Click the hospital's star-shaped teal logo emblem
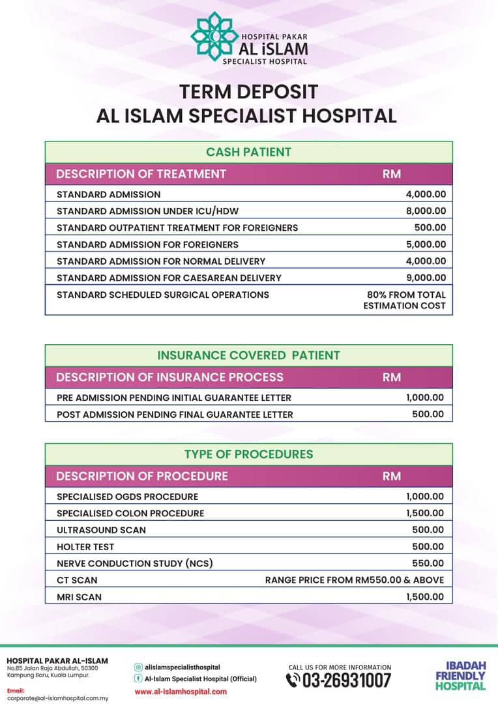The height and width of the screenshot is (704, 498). click(x=212, y=37)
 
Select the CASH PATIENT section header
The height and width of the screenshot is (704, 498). click(x=248, y=152)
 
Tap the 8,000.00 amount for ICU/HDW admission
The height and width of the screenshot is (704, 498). click(x=426, y=211)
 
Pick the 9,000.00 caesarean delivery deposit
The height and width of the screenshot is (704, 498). click(x=426, y=278)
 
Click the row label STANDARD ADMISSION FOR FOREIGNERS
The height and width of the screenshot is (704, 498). click(x=147, y=244)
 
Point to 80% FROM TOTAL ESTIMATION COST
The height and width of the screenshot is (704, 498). click(x=405, y=300)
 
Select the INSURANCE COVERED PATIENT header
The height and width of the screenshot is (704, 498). click(x=248, y=355)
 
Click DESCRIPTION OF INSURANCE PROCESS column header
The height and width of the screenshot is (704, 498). click(x=169, y=377)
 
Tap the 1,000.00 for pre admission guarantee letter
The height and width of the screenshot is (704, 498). click(x=424, y=397)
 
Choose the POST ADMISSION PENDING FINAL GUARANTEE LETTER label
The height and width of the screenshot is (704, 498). click(x=175, y=415)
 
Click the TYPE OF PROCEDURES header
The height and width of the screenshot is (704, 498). click(x=248, y=454)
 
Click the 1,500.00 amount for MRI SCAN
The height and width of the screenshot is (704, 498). click(x=424, y=596)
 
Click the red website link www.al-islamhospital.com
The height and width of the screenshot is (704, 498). click(x=181, y=692)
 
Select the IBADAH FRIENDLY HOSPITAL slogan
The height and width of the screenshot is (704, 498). click(x=461, y=676)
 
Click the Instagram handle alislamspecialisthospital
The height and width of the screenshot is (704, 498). click(x=182, y=667)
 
